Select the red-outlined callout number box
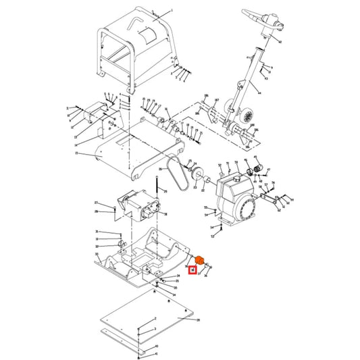point(192,271)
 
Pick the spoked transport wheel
point(249,115)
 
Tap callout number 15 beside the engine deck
point(76,154)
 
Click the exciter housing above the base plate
point(140,203)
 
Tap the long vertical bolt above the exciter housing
point(157,181)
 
